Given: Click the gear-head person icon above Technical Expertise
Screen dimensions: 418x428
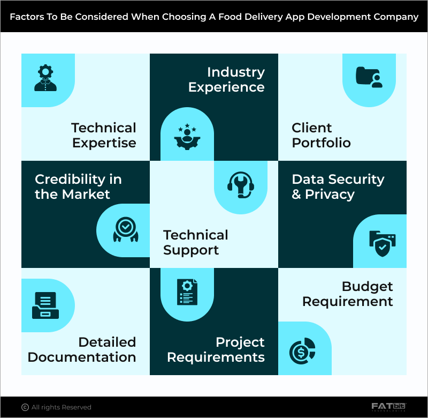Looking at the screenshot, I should click(x=46, y=78).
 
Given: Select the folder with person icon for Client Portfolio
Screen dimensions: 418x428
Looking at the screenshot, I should click(x=369, y=78).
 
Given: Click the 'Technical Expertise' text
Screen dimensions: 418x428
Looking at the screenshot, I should click(x=104, y=135).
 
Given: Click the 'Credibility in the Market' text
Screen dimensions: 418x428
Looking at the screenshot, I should click(x=78, y=186).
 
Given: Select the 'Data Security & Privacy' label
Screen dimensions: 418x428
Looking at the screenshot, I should click(x=338, y=186).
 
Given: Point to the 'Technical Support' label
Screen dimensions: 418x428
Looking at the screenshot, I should click(x=196, y=242).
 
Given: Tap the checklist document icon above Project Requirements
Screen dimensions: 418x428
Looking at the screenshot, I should click(x=187, y=292).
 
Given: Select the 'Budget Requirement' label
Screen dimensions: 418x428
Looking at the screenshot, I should click(x=348, y=294).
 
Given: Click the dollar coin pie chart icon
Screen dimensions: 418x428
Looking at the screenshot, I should click(x=302, y=351).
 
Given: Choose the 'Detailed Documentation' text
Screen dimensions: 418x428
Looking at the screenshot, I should click(x=82, y=349).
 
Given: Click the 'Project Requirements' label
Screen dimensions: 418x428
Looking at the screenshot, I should click(x=216, y=349).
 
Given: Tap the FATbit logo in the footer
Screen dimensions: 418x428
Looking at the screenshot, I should click(x=389, y=407).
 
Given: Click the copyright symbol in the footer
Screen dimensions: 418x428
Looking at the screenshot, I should click(x=25, y=407).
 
